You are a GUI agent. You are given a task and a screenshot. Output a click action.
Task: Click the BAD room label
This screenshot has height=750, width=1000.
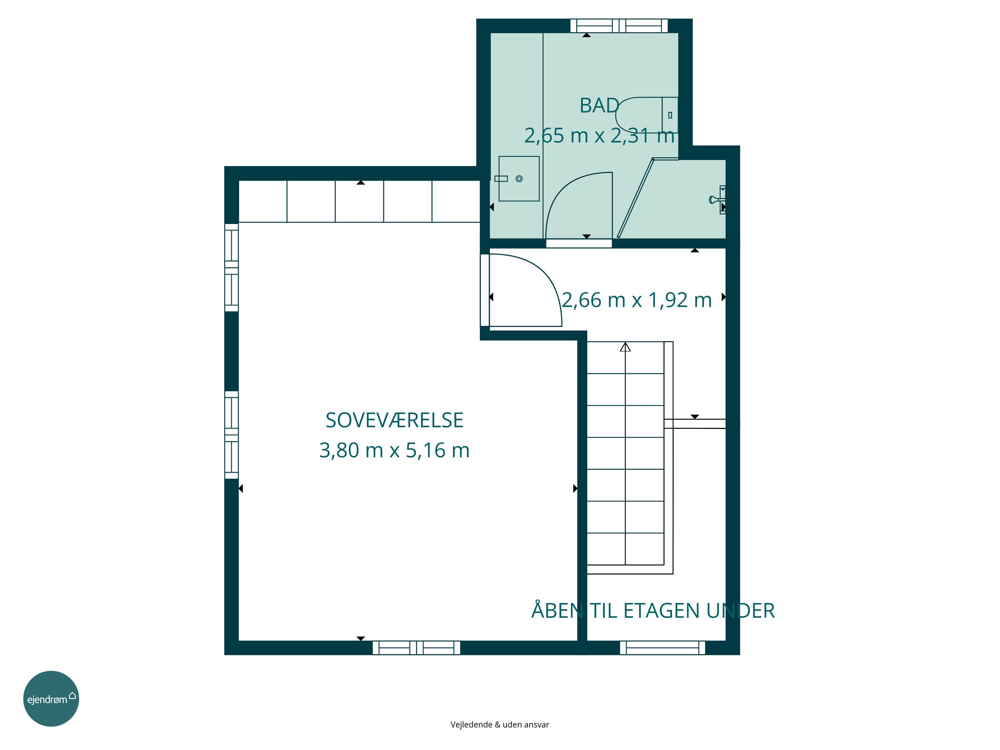599,106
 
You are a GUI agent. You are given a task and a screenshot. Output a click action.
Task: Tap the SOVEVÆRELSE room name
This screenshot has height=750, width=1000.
394,420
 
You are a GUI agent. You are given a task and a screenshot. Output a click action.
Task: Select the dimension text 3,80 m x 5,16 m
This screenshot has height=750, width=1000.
394,450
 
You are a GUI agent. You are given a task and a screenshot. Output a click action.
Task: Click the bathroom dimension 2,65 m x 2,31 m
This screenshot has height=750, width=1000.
599,136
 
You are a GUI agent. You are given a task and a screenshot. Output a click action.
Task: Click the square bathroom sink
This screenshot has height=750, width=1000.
519,179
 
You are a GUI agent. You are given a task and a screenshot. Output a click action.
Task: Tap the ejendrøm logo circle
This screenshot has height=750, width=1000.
51,698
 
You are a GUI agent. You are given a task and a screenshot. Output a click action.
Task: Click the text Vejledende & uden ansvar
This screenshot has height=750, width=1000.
500,725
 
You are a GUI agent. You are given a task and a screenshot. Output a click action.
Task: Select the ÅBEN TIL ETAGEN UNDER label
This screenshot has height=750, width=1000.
653,610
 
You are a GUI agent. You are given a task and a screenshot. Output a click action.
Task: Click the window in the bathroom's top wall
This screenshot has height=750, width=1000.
619,26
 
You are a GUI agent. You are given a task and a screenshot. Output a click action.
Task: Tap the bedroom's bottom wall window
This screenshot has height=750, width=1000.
416,648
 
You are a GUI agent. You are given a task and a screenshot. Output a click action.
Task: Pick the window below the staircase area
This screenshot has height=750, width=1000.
662,648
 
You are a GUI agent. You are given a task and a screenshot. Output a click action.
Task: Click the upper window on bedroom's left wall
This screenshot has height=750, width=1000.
231,268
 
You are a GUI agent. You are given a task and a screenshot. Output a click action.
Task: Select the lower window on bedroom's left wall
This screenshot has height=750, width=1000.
231,435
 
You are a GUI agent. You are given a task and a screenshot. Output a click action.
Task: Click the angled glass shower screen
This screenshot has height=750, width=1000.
636,198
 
